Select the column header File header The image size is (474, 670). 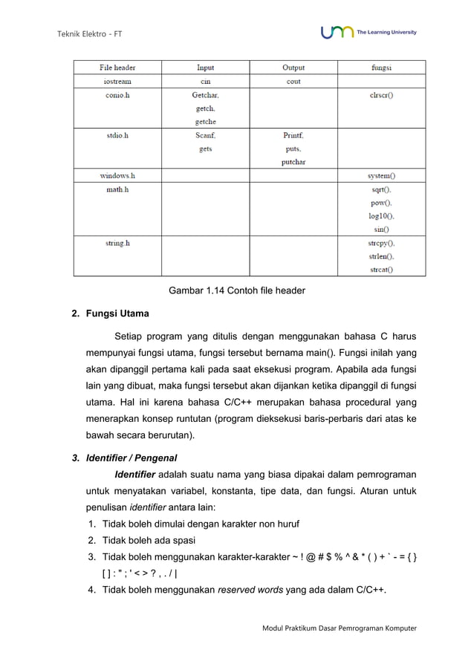pos(118,68)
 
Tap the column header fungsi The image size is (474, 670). pos(381,68)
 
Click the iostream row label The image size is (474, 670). pos(118,82)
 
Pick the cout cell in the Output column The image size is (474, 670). pos(293,82)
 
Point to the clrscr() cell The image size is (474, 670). pos(381,95)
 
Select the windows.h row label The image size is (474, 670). pos(118,176)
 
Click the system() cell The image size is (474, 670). pos(381,176)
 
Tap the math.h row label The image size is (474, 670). pos(118,189)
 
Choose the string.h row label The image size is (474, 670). pos(118,243)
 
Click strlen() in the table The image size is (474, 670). pos(381,256)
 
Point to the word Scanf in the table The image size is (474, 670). pos(205,136)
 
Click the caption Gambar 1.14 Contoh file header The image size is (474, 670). pos(237,290)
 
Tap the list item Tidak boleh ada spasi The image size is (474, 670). pos(158,540)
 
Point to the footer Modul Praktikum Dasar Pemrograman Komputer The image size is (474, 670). pos(340,628)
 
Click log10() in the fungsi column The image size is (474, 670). pos(381,216)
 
